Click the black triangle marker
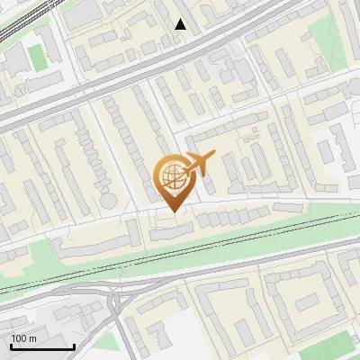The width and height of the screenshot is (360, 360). [181, 24]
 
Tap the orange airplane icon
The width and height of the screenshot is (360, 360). [199, 164]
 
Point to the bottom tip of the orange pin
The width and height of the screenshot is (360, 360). [172, 211]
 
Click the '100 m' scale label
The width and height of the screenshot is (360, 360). [24, 338]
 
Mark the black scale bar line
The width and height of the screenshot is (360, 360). [42, 346]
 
